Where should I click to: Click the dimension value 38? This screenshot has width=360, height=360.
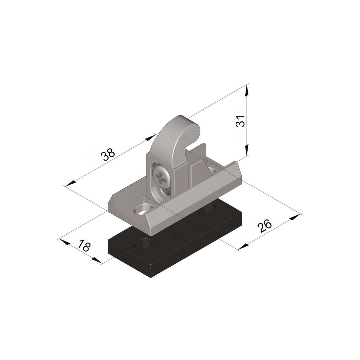108,155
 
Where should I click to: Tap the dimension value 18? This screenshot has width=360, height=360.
84,246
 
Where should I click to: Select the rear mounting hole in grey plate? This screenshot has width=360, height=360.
212,170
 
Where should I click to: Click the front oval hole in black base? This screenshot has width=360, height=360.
144,244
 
